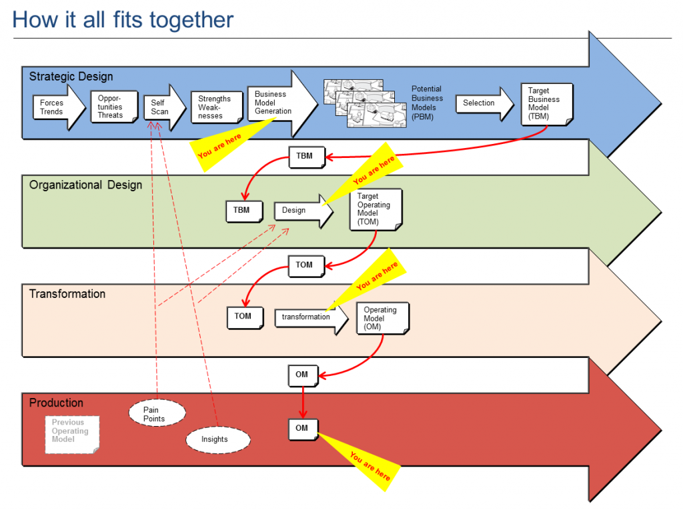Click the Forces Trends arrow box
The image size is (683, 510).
[59, 107]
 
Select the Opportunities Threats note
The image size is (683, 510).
[114, 107]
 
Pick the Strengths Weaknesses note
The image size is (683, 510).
[217, 107]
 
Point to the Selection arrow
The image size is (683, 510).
[485, 103]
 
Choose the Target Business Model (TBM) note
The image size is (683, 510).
[547, 105]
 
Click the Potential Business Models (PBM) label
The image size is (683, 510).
[427, 103]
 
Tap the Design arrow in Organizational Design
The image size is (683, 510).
[303, 211]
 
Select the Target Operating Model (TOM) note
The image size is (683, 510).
[376, 209]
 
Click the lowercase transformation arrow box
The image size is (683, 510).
[311, 317]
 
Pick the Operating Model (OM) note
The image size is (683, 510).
[382, 319]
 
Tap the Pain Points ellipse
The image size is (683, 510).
[157, 413]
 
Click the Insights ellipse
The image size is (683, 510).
[218, 439]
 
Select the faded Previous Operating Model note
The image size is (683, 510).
[72, 435]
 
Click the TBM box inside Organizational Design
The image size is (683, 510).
[244, 211]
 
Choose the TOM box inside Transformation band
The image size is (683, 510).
[245, 317]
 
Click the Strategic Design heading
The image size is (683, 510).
[71, 77]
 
